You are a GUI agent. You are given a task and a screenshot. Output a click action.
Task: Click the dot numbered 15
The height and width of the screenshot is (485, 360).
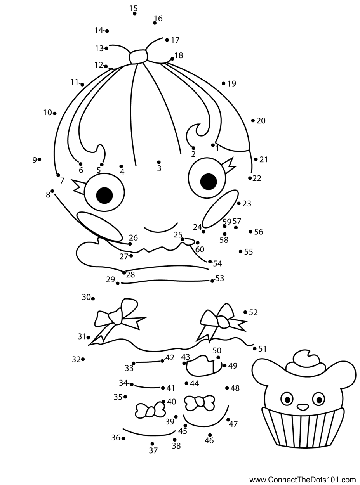[x=134, y=14]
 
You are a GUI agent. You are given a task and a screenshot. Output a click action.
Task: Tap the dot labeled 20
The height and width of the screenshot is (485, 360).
[x=253, y=121]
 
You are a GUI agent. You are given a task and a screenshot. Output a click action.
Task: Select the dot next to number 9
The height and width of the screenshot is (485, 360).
[x=40, y=159]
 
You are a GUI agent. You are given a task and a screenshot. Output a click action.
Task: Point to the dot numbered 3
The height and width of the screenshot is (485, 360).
[x=159, y=162]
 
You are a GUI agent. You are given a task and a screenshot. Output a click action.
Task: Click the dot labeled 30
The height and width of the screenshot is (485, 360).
[x=93, y=298]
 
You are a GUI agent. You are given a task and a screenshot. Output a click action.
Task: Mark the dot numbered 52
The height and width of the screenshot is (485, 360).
[x=245, y=312]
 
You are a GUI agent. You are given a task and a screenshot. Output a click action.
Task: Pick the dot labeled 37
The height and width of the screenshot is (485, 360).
[x=152, y=444]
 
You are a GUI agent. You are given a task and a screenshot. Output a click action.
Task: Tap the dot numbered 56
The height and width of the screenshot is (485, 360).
[x=250, y=232]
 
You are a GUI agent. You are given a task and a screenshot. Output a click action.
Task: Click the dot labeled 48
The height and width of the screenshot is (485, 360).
[x=227, y=388]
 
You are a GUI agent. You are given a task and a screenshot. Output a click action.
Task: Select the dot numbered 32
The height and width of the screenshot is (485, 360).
[x=83, y=359]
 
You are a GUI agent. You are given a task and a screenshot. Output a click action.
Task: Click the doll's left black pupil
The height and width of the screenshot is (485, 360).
[x=104, y=195]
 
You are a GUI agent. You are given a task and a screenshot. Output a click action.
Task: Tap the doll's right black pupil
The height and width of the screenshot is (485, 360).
[x=209, y=181]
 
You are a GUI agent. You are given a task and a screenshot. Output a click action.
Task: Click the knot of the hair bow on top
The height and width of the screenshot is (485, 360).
[x=139, y=57]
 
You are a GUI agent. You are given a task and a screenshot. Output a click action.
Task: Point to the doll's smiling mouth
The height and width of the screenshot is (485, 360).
[x=161, y=229]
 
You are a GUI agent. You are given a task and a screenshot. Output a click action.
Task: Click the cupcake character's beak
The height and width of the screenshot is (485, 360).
[x=303, y=407]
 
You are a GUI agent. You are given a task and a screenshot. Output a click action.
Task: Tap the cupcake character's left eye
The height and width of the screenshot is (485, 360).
[x=287, y=399]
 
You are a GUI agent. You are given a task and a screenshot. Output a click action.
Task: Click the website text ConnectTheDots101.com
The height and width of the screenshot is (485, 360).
[x=303, y=480]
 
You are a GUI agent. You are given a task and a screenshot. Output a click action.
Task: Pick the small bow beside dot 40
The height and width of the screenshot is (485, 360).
[x=150, y=410]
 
